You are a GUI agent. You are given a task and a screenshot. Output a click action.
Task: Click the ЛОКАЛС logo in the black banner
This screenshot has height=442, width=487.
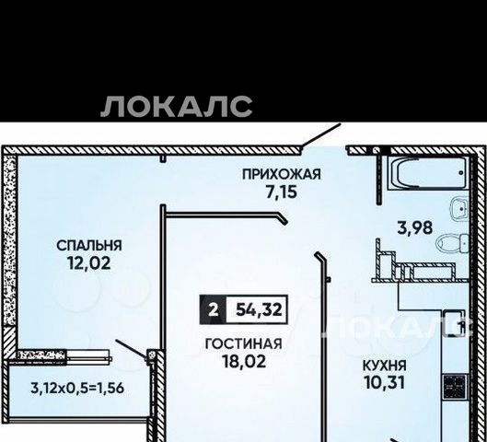coord(176,107)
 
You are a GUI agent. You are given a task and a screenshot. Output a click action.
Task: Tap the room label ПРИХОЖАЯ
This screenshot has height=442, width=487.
coord(282,174)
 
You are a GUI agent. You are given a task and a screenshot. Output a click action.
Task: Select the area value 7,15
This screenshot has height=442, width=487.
coord(282,192)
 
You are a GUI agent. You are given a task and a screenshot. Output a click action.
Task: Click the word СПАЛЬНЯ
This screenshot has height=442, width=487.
coord(89,245)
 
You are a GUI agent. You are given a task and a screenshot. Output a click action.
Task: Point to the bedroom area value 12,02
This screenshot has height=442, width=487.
coord(89,263)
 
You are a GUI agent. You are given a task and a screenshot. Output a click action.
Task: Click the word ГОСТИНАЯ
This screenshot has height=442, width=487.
coord(244,343)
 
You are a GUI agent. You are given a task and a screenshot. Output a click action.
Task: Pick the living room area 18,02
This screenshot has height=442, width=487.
coord(244,361)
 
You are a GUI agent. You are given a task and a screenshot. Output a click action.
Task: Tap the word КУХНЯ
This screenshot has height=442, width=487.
coord(385,366)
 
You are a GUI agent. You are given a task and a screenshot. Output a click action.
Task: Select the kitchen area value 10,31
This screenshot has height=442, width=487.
coord(385,383)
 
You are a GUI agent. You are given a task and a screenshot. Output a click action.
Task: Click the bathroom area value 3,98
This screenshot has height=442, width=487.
coord(415,227)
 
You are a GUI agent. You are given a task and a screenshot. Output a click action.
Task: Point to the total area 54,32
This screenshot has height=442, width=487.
coord(259,309)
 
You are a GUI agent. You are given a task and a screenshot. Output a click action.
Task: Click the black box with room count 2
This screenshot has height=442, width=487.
coord(213,309)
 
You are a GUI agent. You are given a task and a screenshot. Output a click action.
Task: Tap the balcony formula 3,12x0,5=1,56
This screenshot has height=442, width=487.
coord(77,388)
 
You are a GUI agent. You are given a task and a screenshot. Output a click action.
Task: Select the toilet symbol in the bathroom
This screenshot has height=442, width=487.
coord(452,243)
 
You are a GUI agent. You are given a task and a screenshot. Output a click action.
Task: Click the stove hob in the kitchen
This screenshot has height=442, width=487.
coord(455,387)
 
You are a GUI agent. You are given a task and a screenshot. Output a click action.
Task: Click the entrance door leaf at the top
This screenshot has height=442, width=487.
coord(321,135)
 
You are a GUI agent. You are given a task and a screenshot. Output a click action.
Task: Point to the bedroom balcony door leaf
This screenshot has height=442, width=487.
coord(131,349)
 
